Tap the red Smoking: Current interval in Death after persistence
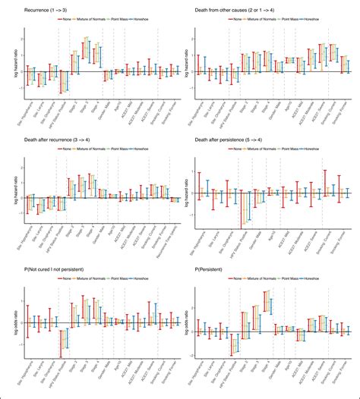325,185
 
